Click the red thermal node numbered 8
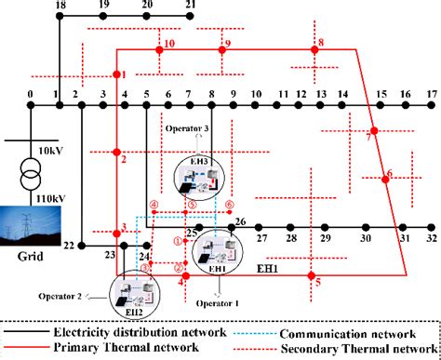pos(322,51)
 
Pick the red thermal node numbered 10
pos(158,52)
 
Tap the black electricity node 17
pos(430,108)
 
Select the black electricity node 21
pos(190,18)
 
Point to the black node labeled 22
pos(82,245)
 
